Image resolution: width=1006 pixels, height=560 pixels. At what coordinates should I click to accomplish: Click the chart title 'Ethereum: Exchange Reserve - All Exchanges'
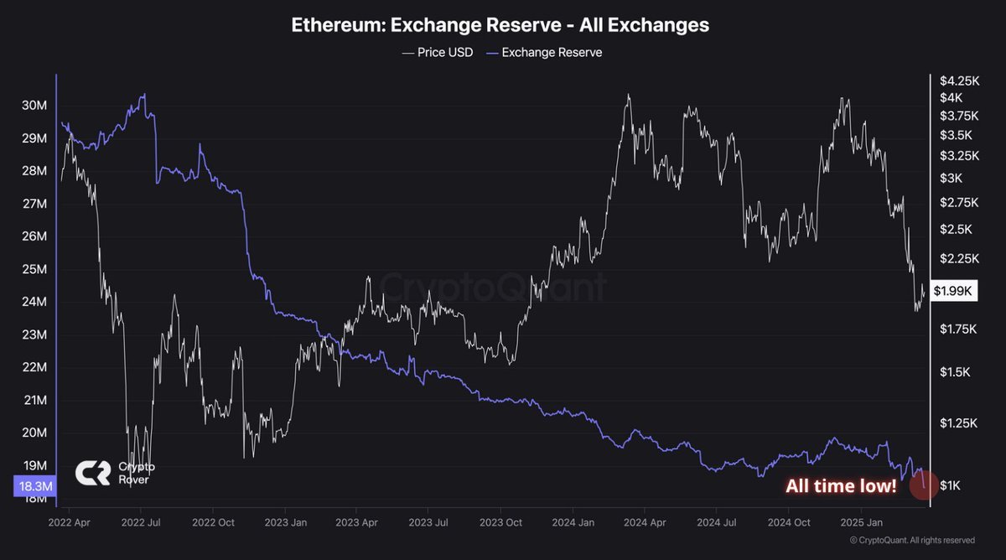[500, 25]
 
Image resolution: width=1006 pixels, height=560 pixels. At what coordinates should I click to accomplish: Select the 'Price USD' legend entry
[438, 52]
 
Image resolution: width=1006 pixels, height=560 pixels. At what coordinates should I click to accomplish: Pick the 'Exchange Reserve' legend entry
[544, 52]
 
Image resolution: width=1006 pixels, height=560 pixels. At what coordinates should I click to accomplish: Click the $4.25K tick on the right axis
[960, 81]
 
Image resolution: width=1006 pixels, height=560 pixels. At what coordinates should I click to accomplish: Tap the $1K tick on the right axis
[952, 485]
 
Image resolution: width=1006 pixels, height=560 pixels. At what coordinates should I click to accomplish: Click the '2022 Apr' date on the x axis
[70, 522]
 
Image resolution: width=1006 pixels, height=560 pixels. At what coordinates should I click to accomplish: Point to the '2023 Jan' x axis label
[285, 522]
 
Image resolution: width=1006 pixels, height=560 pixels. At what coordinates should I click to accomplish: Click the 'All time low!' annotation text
[841, 486]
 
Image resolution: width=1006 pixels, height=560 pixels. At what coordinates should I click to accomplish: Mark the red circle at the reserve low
[923, 486]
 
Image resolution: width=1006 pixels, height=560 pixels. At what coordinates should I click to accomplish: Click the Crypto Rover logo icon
[93, 473]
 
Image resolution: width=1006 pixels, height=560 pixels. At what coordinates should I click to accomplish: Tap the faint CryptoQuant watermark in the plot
[493, 288]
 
